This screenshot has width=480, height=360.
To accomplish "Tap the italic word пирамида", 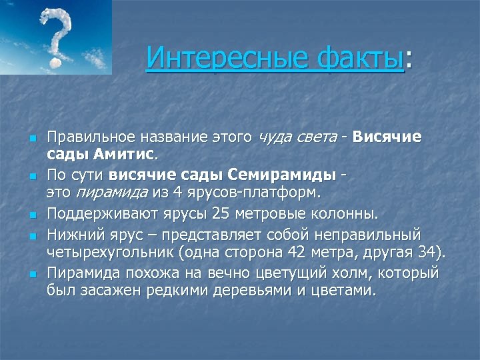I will point(103,193).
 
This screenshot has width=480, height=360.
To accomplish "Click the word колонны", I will point(346,214).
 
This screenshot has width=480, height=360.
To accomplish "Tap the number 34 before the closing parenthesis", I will point(431,252).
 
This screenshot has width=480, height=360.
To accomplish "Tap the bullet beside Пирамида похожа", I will point(31,274).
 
